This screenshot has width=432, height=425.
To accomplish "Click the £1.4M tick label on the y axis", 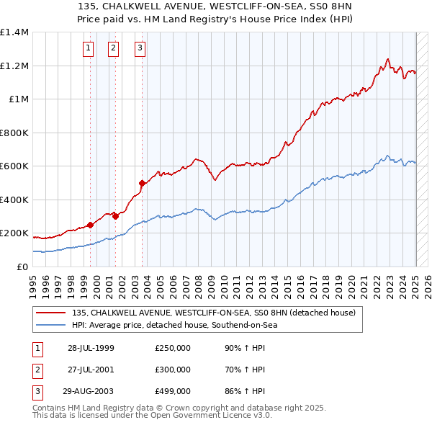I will click(14, 32).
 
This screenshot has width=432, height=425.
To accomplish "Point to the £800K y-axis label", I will click(14, 133).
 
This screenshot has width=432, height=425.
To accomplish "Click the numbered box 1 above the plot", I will click(88, 48).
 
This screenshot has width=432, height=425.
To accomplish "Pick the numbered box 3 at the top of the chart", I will click(140, 48).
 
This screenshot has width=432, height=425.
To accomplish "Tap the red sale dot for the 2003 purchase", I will click(142, 183).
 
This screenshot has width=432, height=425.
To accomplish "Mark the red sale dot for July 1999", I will click(91, 225).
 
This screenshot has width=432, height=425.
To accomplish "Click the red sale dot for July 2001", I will click(116, 216).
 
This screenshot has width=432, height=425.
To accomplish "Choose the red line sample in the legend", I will click(50, 313).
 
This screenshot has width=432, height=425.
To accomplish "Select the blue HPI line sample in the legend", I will click(50, 325).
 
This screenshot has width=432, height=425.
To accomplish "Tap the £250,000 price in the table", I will click(173, 348).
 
